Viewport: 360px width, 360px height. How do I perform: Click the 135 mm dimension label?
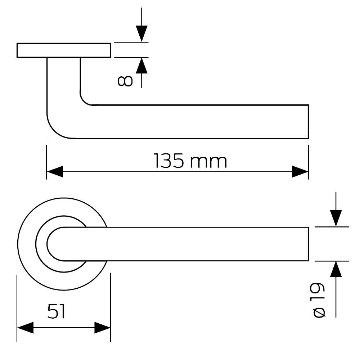tap(190, 161)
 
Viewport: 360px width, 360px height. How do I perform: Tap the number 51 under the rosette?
tap(57, 311)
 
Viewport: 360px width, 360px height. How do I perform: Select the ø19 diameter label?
tap(319, 300)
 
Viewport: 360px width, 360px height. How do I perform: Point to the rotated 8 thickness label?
tap(125, 81)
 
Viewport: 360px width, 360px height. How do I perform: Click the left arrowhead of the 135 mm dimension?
tap(55, 171)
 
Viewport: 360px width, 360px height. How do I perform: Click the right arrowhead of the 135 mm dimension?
tap(300, 171)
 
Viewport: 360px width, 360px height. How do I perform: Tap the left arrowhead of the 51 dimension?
tap(25, 328)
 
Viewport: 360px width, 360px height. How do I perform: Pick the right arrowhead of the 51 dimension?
tap(102, 328)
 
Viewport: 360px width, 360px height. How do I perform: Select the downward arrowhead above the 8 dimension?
tap(141, 34)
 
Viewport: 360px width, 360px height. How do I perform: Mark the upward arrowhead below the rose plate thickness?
tap(141, 66)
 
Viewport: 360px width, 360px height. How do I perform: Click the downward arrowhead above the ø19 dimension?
tap(336, 219)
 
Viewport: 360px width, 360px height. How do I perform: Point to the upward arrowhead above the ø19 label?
tap(336, 269)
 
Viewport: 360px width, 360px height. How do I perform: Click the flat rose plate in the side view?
tap(64, 50)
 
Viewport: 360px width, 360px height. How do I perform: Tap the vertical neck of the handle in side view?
tap(64, 80)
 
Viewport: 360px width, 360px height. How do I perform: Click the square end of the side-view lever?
tap(308, 122)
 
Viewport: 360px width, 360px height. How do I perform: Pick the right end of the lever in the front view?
tap(308, 244)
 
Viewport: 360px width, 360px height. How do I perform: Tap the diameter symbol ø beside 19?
tap(319, 312)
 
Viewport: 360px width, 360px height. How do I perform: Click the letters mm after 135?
tap(209, 162)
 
